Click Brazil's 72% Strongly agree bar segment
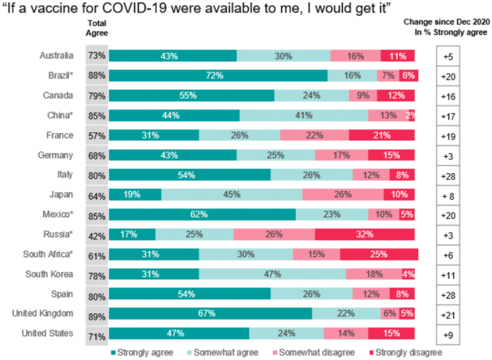[x=217, y=75]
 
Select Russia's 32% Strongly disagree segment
[x=366, y=234]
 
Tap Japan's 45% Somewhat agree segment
[x=232, y=194]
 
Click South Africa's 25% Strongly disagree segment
[x=379, y=254]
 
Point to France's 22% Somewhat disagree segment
[x=314, y=135]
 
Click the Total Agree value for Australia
[x=97, y=56]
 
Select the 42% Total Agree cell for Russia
[x=97, y=234]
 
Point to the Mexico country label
[x=60, y=214]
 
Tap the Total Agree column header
[x=97, y=28]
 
